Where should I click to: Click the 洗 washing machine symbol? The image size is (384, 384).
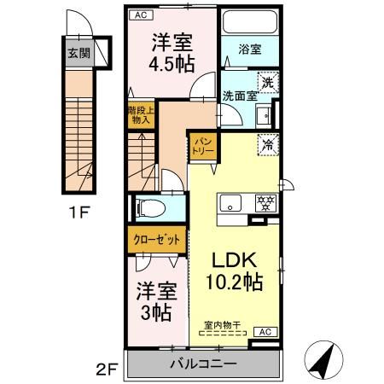point(267,83)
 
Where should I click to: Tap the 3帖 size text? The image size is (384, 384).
point(156,312)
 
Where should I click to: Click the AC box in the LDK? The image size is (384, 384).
point(265,331)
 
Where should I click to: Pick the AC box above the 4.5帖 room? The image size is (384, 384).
point(138,15)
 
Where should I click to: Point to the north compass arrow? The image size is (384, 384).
point(320,358)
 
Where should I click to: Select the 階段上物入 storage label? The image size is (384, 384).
point(138,115)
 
